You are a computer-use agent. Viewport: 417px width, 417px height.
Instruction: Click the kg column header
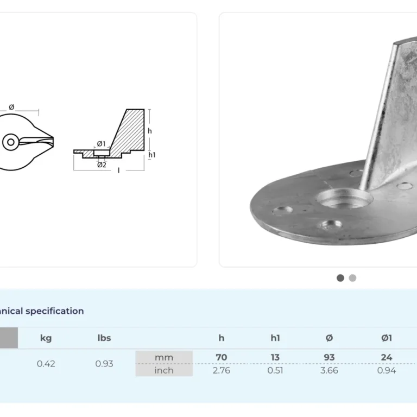[46, 338]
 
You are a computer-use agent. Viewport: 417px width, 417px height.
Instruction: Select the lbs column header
[104, 338]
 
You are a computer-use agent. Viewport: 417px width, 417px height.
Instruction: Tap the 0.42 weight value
[46, 364]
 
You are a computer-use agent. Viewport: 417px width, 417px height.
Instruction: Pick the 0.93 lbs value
[104, 364]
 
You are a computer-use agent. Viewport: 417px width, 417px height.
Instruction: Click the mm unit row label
[164, 357]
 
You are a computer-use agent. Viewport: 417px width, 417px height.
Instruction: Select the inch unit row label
[164, 370]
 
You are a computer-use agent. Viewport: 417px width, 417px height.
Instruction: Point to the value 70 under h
[222, 357]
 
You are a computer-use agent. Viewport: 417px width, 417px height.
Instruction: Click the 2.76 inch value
[222, 370]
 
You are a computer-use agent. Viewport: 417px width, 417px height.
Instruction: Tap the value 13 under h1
[275, 357]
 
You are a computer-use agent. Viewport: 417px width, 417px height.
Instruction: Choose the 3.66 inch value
[329, 370]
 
